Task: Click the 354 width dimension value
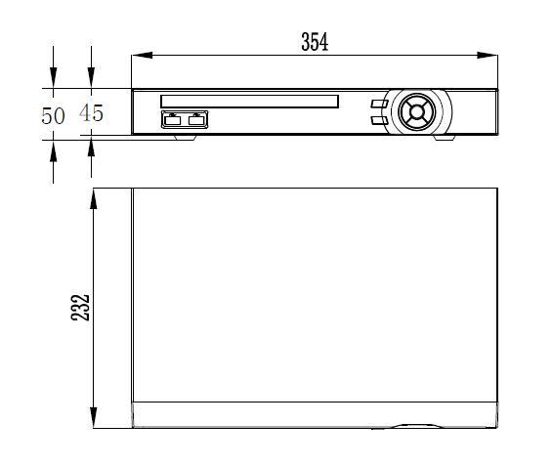[314, 41]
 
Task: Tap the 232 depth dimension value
[81, 307]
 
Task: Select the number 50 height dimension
[53, 115]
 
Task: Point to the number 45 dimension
[91, 113]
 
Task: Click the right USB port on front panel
[197, 119]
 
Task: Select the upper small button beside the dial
[378, 102]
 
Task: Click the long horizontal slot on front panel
[249, 101]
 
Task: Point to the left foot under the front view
[186, 137]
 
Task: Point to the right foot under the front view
[444, 137]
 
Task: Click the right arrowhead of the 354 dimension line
[490, 56]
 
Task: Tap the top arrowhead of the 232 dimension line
[93, 197]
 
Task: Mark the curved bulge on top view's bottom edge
[421, 426]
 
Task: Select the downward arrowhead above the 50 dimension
[54, 80]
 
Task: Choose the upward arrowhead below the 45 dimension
[91, 148]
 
